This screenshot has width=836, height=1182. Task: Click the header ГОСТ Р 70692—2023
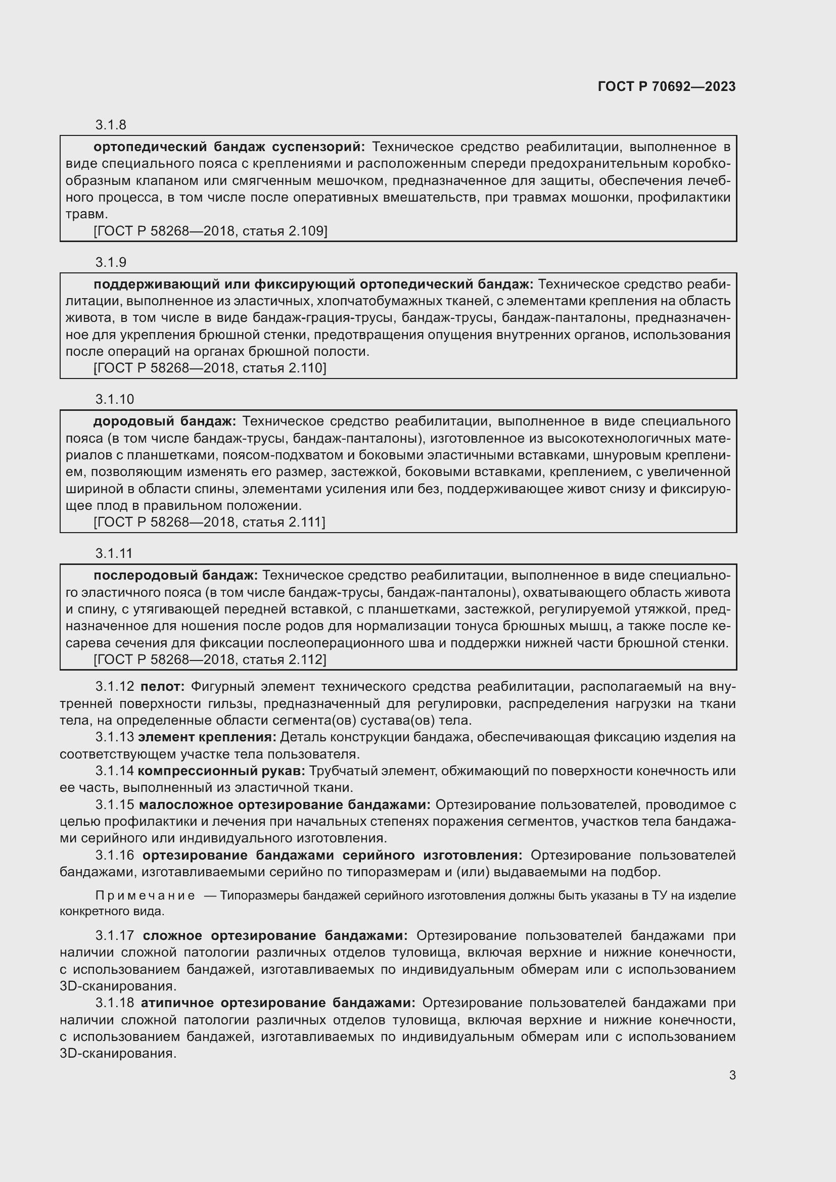tap(666, 86)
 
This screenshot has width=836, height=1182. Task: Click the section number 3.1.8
tap(111, 125)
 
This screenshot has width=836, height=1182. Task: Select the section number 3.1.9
tap(111, 263)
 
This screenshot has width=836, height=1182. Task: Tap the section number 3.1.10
tap(114, 400)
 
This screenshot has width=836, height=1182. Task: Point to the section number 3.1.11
tap(114, 553)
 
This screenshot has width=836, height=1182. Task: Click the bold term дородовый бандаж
tap(164, 421)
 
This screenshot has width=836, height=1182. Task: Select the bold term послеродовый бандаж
tap(175, 576)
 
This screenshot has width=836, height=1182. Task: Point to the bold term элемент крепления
tap(207, 737)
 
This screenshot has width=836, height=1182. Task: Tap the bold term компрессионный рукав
tap(221, 771)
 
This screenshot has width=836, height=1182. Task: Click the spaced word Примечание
tap(145, 896)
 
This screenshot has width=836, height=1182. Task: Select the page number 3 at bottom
tap(732, 1075)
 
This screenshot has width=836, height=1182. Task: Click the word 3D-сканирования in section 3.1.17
tap(118, 987)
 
